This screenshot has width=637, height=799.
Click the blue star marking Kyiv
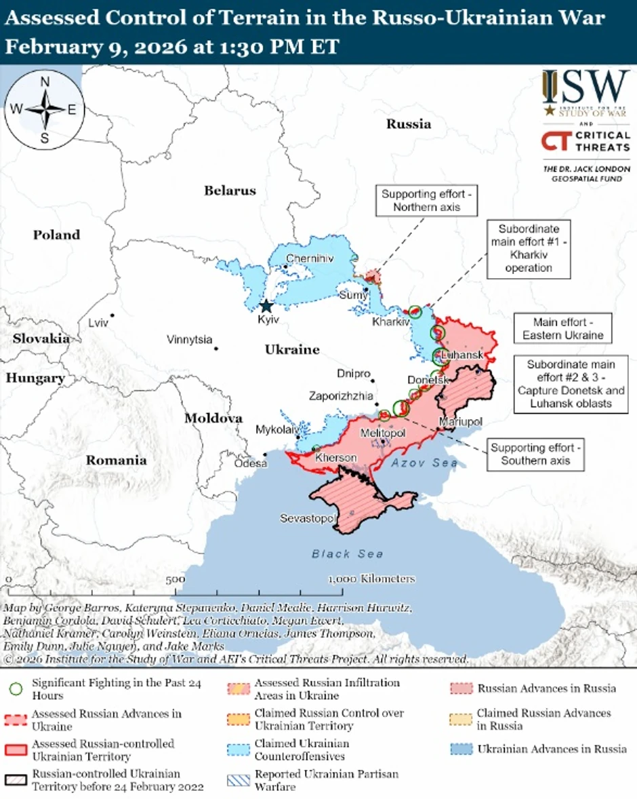tap(266, 306)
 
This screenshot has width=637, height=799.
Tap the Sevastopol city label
tap(308, 519)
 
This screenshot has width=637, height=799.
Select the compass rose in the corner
tap(45, 109)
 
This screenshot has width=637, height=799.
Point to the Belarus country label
tap(230, 191)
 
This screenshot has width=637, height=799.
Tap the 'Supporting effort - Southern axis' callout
tap(535, 454)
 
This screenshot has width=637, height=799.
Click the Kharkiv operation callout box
tap(528, 248)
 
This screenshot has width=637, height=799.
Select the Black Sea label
tap(347, 554)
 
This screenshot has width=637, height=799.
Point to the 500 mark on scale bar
tap(175, 579)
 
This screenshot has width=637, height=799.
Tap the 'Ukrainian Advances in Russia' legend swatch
tap(461, 749)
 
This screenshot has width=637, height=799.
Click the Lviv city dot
tap(111, 315)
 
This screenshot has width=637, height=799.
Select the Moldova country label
tap(213, 418)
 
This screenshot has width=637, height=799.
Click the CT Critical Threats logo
tap(585, 142)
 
